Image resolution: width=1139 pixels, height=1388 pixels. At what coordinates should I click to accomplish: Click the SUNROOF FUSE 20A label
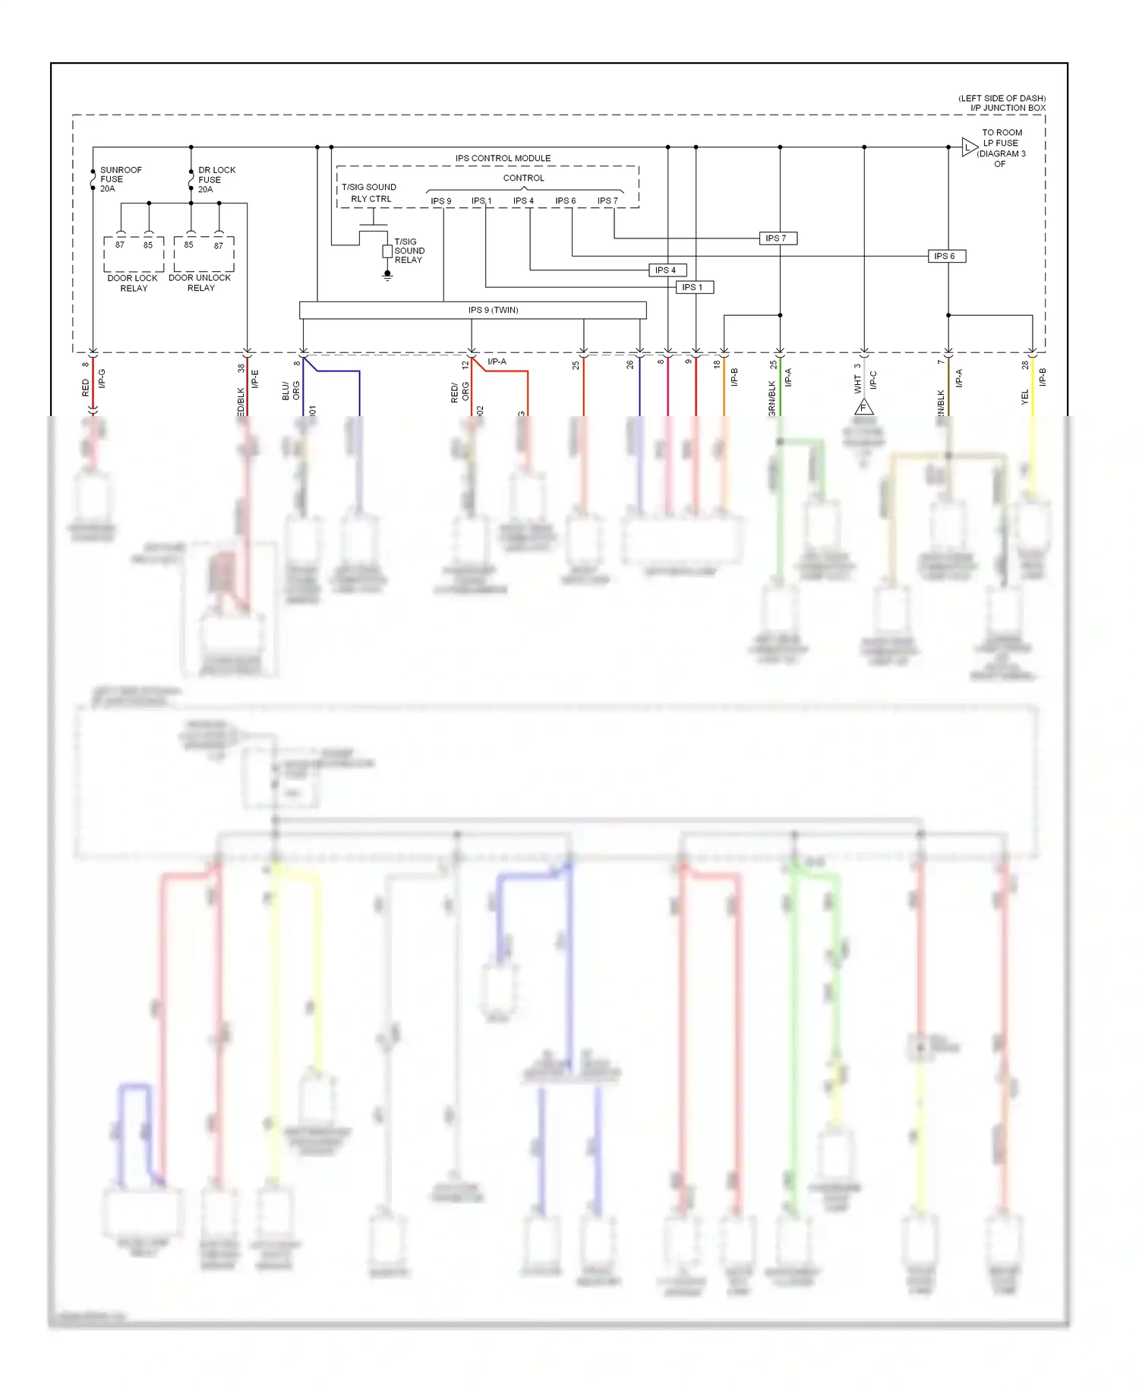[120, 179]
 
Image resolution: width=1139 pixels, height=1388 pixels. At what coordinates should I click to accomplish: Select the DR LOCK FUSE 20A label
[216, 180]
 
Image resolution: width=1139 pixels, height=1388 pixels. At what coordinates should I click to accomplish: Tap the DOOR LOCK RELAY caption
[133, 283]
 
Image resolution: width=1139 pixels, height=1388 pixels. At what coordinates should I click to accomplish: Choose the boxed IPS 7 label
[777, 238]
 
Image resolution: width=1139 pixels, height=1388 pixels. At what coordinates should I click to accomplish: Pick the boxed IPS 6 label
[945, 257]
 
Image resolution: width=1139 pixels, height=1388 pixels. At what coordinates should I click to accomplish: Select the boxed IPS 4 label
[666, 270]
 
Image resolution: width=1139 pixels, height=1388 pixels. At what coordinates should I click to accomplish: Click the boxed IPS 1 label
[693, 288]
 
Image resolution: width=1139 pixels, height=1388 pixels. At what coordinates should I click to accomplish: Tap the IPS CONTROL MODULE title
[503, 159]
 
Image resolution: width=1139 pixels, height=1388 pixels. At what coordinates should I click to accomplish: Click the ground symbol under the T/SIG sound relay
[387, 276]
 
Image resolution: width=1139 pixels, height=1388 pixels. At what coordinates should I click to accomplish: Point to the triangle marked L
[968, 147]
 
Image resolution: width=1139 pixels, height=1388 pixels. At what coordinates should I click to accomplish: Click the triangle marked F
[863, 408]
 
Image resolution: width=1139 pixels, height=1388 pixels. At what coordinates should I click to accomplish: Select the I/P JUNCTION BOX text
[1007, 108]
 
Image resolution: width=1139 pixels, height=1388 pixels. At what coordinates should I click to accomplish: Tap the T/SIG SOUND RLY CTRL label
[370, 193]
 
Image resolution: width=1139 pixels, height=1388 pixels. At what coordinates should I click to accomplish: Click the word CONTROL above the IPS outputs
[523, 178]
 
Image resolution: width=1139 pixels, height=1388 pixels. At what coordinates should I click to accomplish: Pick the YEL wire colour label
[1024, 397]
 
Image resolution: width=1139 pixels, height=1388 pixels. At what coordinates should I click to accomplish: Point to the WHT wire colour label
[857, 384]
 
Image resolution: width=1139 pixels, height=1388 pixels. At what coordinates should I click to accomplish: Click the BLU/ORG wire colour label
[291, 390]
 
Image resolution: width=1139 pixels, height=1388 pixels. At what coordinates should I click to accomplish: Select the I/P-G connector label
[103, 379]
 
